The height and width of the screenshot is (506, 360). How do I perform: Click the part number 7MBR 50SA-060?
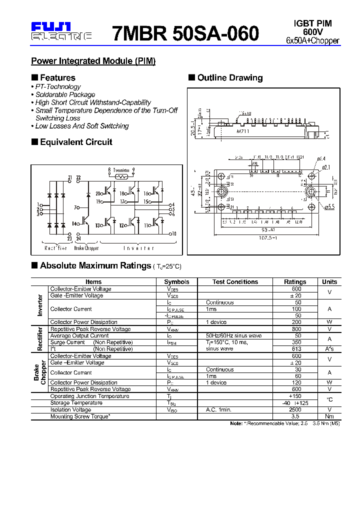coord(186,33)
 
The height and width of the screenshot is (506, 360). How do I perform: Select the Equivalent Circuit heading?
coord(76,142)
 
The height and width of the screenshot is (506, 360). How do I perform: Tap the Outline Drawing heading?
coord(229,77)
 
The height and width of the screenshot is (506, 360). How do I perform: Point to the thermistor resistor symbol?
coord(120,176)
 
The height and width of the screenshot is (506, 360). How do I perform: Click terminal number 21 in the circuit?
coord(70,177)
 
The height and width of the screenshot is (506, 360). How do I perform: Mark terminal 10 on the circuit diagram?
coord(173,233)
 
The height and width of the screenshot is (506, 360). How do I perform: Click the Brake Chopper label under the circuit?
coord(86,248)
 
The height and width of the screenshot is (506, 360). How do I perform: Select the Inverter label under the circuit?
coord(139,248)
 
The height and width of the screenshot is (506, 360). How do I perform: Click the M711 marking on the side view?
coord(242,131)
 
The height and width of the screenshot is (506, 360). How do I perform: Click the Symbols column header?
coord(176,282)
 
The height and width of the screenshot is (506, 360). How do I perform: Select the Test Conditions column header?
coord(235,282)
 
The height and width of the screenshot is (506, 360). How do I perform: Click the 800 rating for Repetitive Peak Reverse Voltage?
coord(296,329)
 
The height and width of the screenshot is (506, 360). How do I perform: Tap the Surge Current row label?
coord(67,342)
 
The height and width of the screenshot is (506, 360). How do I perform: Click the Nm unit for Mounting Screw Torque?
coord(329,416)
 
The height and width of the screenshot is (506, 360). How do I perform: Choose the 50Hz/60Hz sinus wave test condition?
coord(229,335)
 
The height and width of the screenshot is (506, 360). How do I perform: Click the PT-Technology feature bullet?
coord(57,86)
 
